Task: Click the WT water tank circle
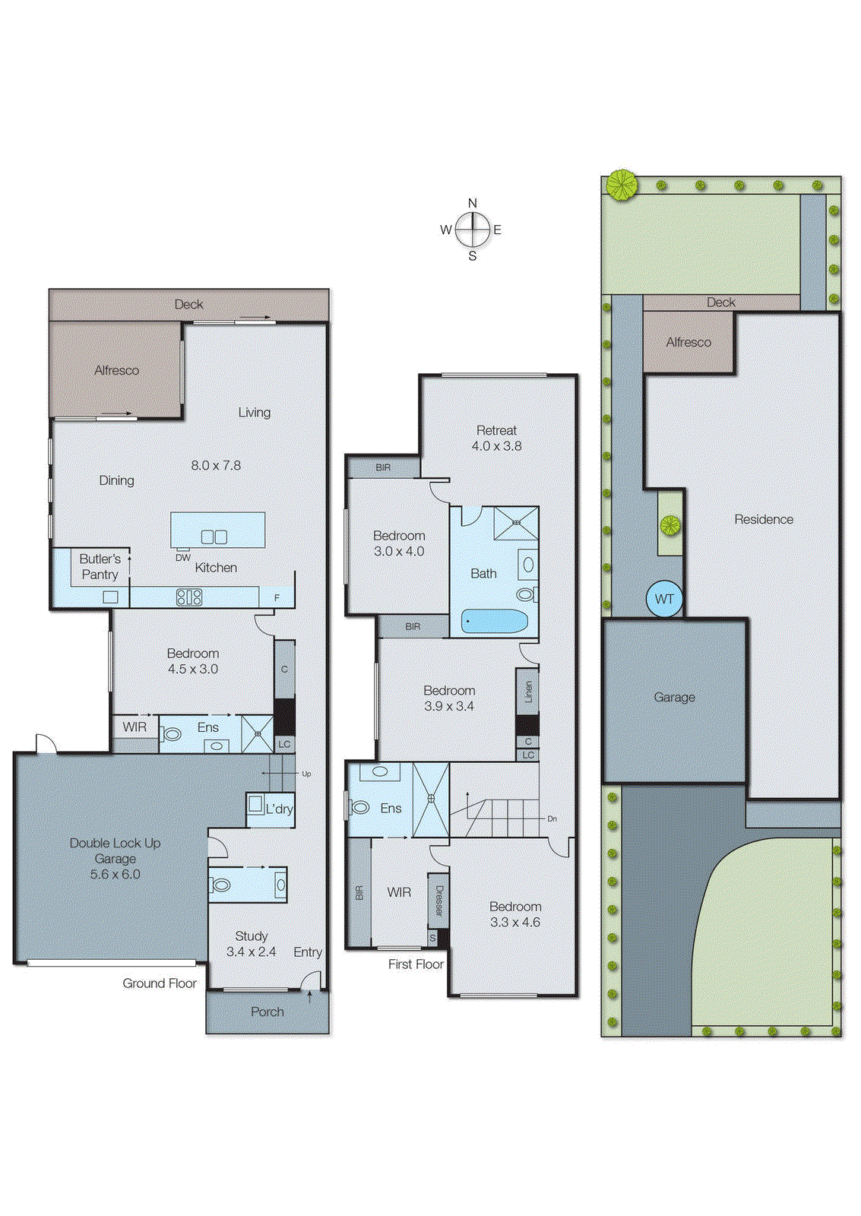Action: (x=664, y=599)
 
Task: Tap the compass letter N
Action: (x=473, y=203)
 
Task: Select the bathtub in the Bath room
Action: (x=495, y=622)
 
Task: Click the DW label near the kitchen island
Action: (x=183, y=557)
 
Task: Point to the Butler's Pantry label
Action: (x=100, y=566)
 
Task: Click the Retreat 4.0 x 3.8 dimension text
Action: (x=496, y=446)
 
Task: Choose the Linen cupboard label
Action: (x=528, y=692)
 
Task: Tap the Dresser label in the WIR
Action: (x=438, y=901)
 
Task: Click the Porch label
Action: (x=267, y=1012)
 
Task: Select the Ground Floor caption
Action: (x=160, y=983)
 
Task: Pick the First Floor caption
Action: (x=416, y=964)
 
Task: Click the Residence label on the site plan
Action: (x=763, y=519)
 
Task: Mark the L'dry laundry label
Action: (x=279, y=809)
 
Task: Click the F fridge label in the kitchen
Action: (x=277, y=598)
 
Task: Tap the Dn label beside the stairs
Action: (x=552, y=819)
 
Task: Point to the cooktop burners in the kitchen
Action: (x=189, y=597)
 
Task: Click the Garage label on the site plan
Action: (x=674, y=697)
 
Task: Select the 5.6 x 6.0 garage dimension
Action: (x=115, y=874)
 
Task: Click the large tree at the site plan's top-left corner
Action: (x=622, y=185)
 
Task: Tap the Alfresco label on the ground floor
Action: (x=116, y=370)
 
